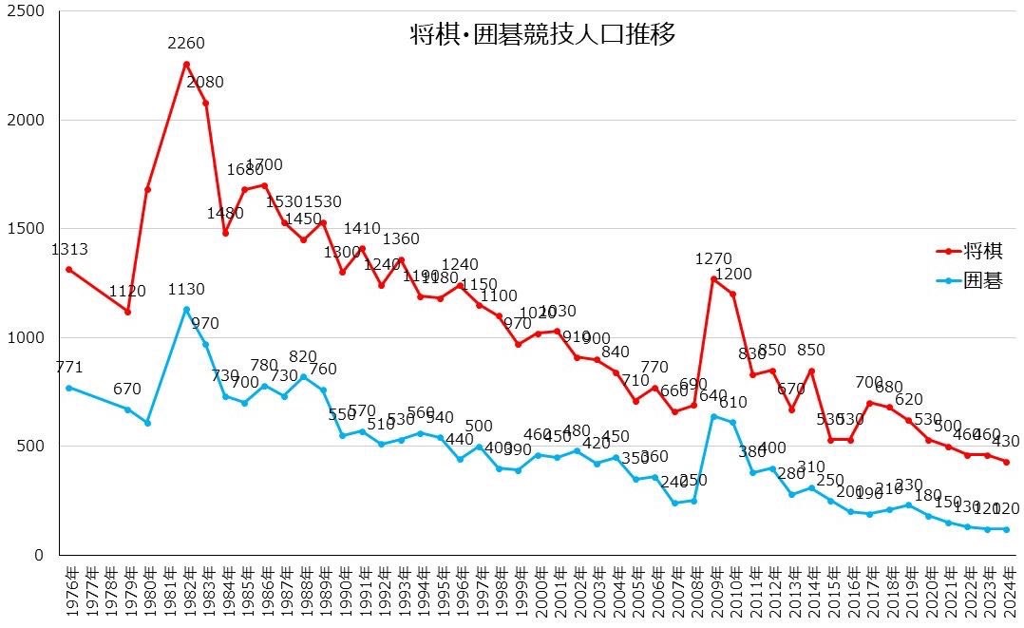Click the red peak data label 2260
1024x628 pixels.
185,43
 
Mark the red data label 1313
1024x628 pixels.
68,250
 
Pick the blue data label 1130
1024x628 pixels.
186,290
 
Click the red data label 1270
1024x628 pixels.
713,258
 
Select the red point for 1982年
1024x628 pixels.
186,64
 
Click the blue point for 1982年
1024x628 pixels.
186,309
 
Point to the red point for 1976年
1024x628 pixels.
69,270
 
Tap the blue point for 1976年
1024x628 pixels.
69,388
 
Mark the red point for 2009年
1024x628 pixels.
713,278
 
